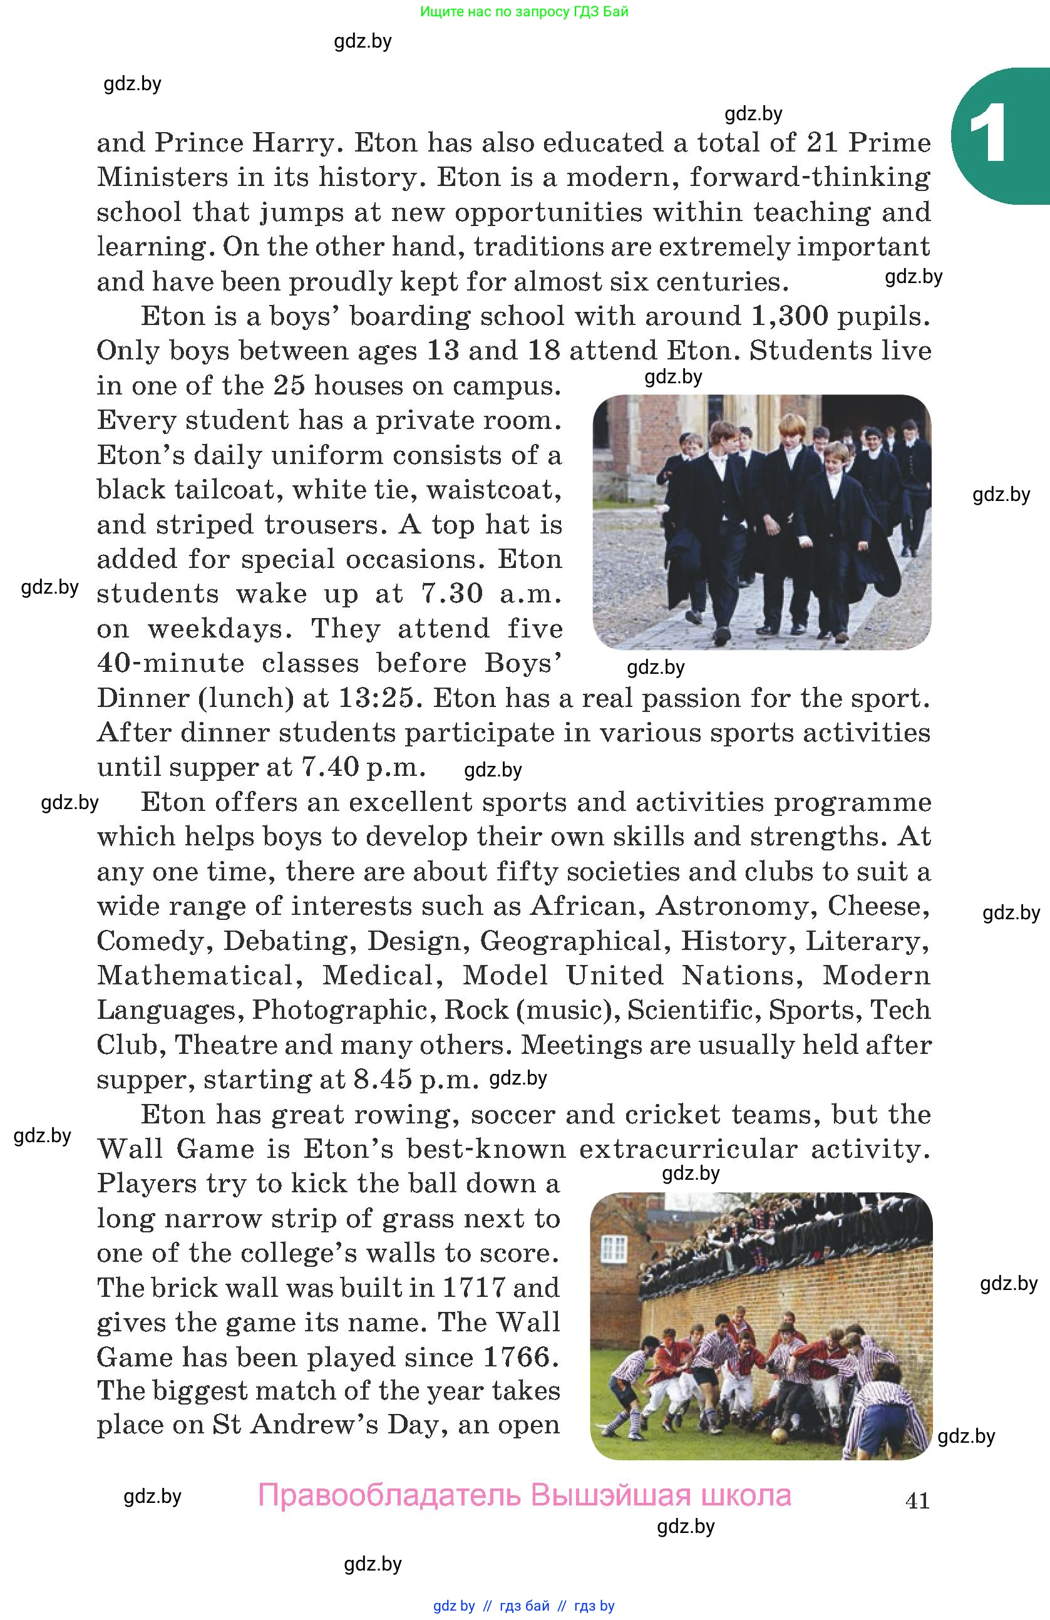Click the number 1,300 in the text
(790, 316)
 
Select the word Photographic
(339, 1010)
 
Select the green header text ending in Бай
(524, 11)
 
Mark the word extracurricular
(688, 1149)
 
